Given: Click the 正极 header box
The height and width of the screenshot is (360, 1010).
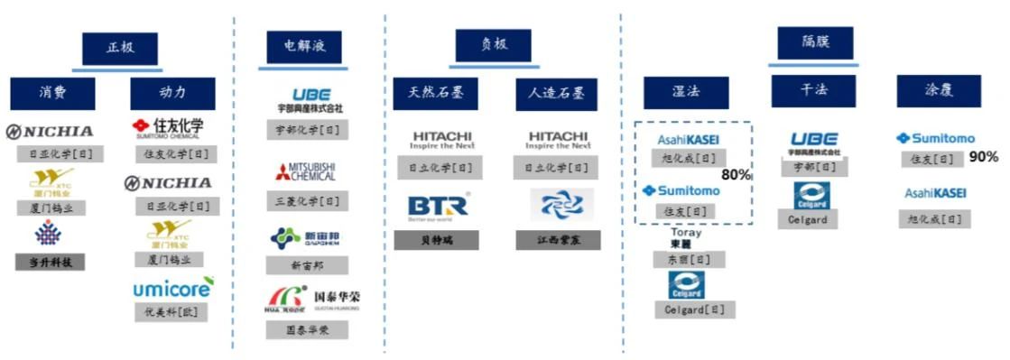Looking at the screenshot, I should [x=120, y=49].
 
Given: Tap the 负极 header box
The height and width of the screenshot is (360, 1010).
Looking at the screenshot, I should [x=493, y=45].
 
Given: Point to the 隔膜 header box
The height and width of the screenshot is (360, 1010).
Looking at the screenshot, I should [x=815, y=42].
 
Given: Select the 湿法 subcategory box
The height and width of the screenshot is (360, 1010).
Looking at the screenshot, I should [x=685, y=93].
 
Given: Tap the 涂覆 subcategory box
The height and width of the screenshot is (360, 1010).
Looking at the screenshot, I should [x=939, y=91].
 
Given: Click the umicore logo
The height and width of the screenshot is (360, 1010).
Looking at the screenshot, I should [x=173, y=288].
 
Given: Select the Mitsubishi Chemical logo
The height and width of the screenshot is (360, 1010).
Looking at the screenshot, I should [x=306, y=171].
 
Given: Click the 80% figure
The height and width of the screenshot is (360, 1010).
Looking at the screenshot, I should [x=737, y=175].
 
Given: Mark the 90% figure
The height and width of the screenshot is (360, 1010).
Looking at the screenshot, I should [x=983, y=157].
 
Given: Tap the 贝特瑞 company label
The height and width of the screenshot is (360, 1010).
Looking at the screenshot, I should [x=436, y=241].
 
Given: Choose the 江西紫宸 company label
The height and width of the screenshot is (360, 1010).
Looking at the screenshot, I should [x=558, y=241].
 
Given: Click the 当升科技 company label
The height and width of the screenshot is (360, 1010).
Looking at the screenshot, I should [x=51, y=263].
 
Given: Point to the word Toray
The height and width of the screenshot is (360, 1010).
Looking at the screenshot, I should [x=686, y=233].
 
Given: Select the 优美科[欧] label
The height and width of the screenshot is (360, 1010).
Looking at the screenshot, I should [x=171, y=312].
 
